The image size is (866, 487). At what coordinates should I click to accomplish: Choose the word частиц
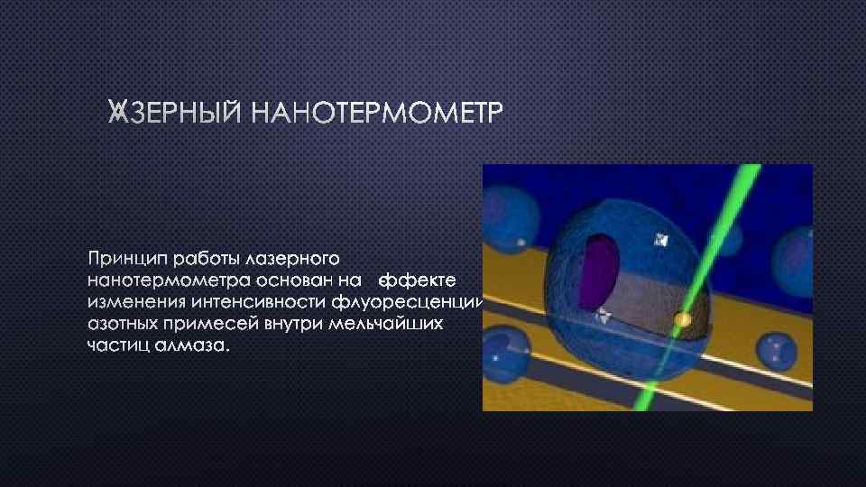117,345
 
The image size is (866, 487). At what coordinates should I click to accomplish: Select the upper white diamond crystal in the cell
662,240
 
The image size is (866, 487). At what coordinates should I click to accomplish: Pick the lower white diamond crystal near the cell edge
603,314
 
